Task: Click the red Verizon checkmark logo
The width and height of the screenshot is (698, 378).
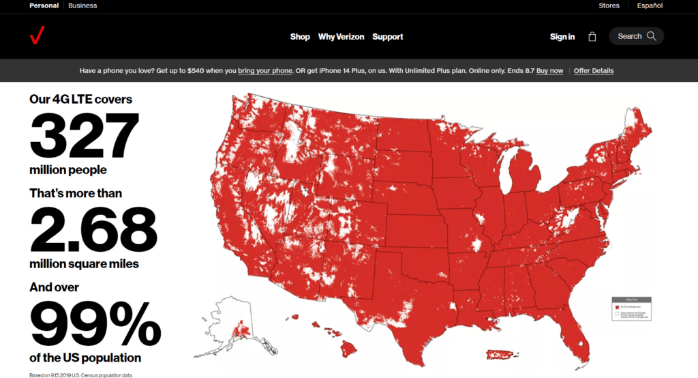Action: tap(37, 35)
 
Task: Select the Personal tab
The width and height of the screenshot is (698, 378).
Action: tap(44, 5)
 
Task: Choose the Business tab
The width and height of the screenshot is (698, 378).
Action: tap(82, 5)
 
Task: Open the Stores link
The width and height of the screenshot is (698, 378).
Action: tap(609, 5)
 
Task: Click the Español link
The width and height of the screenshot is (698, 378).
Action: tap(650, 5)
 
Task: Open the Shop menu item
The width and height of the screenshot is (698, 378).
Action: tap(300, 37)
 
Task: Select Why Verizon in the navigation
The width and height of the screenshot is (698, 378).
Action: tap(341, 37)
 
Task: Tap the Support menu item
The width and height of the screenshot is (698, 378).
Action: tap(387, 37)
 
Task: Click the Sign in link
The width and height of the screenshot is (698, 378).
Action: tap(562, 37)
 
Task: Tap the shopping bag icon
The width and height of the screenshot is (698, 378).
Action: tap(592, 37)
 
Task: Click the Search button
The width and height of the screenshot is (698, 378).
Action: tap(636, 36)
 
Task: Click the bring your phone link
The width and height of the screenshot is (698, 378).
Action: tap(265, 71)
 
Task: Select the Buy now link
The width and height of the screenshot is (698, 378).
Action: tap(549, 71)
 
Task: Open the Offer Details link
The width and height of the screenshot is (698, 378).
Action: tap(594, 71)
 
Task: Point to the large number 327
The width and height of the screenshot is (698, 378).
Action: tap(85, 136)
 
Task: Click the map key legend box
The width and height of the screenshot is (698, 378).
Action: tap(631, 308)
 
